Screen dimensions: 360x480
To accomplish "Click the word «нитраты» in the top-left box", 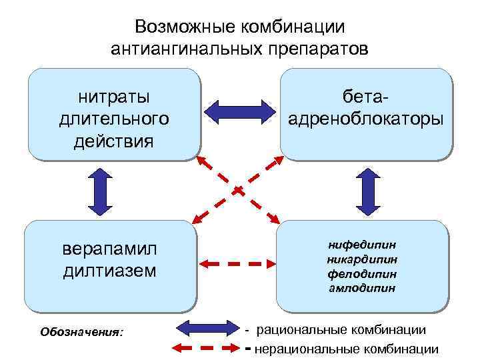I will (114, 97).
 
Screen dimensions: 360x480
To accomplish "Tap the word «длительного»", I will (114, 119).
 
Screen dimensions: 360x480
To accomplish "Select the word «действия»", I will (114, 141).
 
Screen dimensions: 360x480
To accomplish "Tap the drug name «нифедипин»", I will (362, 244).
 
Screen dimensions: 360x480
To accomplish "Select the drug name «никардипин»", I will (362, 259).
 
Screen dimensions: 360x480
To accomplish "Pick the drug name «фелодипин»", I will (362, 273).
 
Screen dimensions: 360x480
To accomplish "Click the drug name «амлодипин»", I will (362, 288).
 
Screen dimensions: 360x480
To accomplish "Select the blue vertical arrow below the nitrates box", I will (100, 190).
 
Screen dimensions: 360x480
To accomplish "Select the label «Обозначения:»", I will (82, 331).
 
